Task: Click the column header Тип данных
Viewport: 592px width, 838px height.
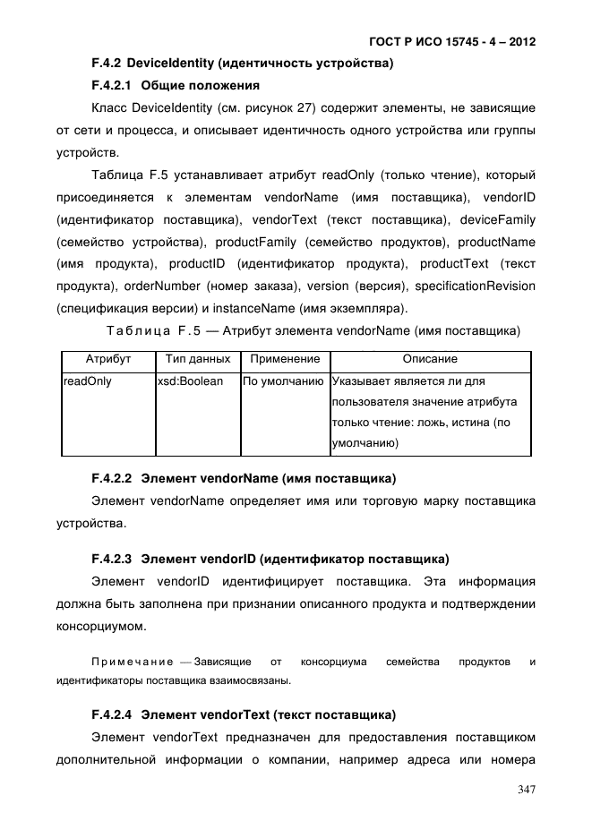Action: point(198,359)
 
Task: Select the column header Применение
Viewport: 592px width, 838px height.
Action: point(285,359)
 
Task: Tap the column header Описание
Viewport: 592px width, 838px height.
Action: point(430,359)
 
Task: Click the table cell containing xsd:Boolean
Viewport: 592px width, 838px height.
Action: point(191,381)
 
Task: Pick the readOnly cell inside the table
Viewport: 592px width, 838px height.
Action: point(86,381)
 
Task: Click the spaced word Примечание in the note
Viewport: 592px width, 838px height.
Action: point(133,662)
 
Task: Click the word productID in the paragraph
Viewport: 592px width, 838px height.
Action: point(202,264)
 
